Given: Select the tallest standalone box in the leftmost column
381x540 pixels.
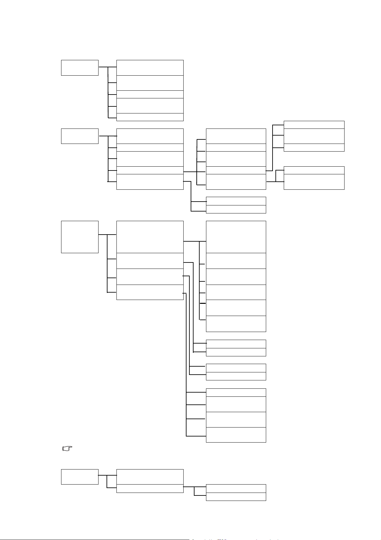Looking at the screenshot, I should click(x=80, y=237).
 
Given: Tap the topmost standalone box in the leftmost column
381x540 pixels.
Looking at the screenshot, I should click(x=80, y=68).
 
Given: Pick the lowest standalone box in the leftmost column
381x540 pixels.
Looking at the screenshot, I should click(x=80, y=477).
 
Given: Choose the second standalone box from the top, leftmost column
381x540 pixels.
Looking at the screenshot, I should click(x=80, y=136).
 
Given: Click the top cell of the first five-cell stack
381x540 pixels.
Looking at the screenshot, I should click(x=150, y=68).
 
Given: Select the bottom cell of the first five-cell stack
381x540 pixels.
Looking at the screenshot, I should click(x=150, y=117).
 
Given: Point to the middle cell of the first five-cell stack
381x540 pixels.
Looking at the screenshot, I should click(x=150, y=94).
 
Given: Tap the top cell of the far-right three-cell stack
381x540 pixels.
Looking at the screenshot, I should click(x=314, y=125).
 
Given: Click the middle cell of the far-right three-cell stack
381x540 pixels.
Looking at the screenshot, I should click(x=314, y=136).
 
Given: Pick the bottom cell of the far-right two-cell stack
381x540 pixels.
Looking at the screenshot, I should click(x=314, y=182).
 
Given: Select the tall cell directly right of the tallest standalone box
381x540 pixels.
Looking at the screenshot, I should click(x=150, y=237).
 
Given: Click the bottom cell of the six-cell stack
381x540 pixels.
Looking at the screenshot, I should click(x=236, y=324).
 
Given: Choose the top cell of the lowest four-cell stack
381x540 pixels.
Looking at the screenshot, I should click(x=236, y=392).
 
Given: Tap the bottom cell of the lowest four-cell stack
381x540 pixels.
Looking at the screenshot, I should click(x=236, y=435).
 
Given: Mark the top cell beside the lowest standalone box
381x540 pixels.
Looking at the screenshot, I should click(x=150, y=477).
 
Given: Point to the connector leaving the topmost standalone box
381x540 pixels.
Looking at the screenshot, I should click(x=103, y=67).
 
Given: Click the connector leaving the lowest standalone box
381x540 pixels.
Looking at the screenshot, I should click(x=102, y=475).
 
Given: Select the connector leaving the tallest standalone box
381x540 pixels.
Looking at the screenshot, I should click(x=103, y=235).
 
